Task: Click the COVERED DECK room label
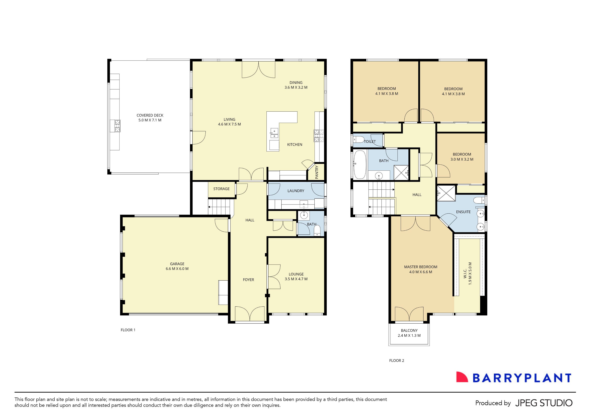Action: pos(150,115)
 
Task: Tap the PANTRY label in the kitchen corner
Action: pos(317,172)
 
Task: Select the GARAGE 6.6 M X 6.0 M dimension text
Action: pos(177,269)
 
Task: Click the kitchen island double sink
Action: pos(274,133)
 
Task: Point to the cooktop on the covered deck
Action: pos(117,126)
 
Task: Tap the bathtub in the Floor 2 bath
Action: pos(360,165)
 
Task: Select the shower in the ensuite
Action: pos(446,193)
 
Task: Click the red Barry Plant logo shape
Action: pos(462,377)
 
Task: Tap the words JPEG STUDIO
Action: pos(544,403)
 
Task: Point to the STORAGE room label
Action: pos(221,189)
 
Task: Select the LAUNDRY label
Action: pos(296,191)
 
